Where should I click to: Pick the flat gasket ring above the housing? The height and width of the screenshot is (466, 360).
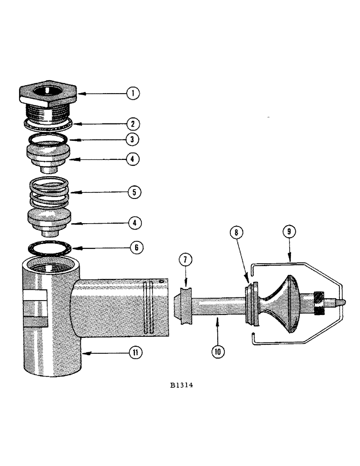[49, 247]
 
